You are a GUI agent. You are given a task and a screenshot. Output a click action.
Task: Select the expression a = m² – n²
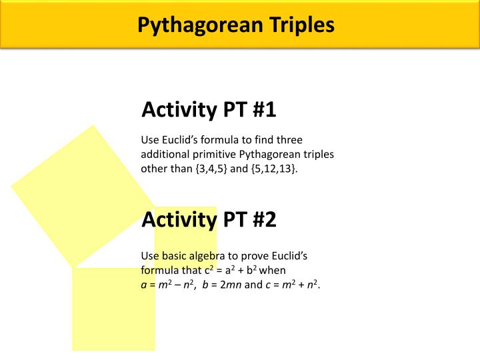(167, 285)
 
